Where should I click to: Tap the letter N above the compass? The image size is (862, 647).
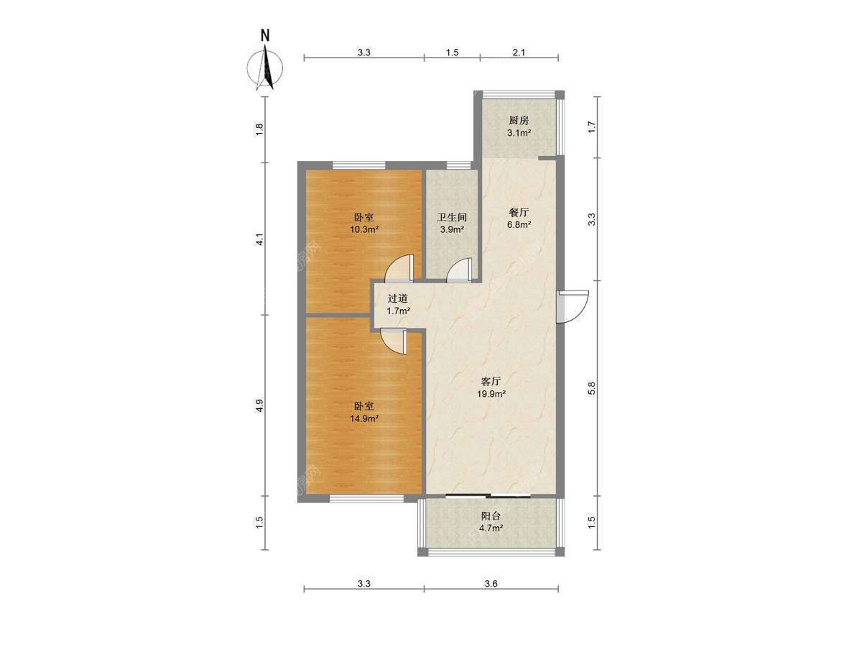(x=266, y=36)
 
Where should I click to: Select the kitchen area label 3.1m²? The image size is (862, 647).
(x=519, y=133)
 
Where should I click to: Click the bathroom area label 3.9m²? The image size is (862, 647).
(x=452, y=229)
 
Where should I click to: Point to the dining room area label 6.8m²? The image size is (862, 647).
(x=519, y=225)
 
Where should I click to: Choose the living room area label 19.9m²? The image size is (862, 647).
(x=491, y=394)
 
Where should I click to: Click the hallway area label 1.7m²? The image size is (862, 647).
(x=398, y=311)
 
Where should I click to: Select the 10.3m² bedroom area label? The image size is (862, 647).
(x=364, y=229)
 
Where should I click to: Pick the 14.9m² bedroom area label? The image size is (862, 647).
(x=364, y=419)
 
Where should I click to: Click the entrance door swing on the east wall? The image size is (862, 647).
(x=573, y=306)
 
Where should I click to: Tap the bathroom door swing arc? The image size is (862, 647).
(x=458, y=270)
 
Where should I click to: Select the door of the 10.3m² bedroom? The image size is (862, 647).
(x=399, y=268)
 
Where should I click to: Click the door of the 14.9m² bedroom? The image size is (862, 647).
(x=394, y=341)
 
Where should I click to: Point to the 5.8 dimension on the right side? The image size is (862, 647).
(x=592, y=388)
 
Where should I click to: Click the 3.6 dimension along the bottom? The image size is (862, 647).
(x=491, y=595)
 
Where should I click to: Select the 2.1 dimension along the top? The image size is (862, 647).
(x=519, y=52)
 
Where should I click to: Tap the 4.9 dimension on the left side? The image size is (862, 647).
(x=259, y=405)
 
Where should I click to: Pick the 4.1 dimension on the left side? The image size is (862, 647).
(x=259, y=239)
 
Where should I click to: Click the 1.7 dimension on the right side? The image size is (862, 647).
(x=592, y=127)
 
